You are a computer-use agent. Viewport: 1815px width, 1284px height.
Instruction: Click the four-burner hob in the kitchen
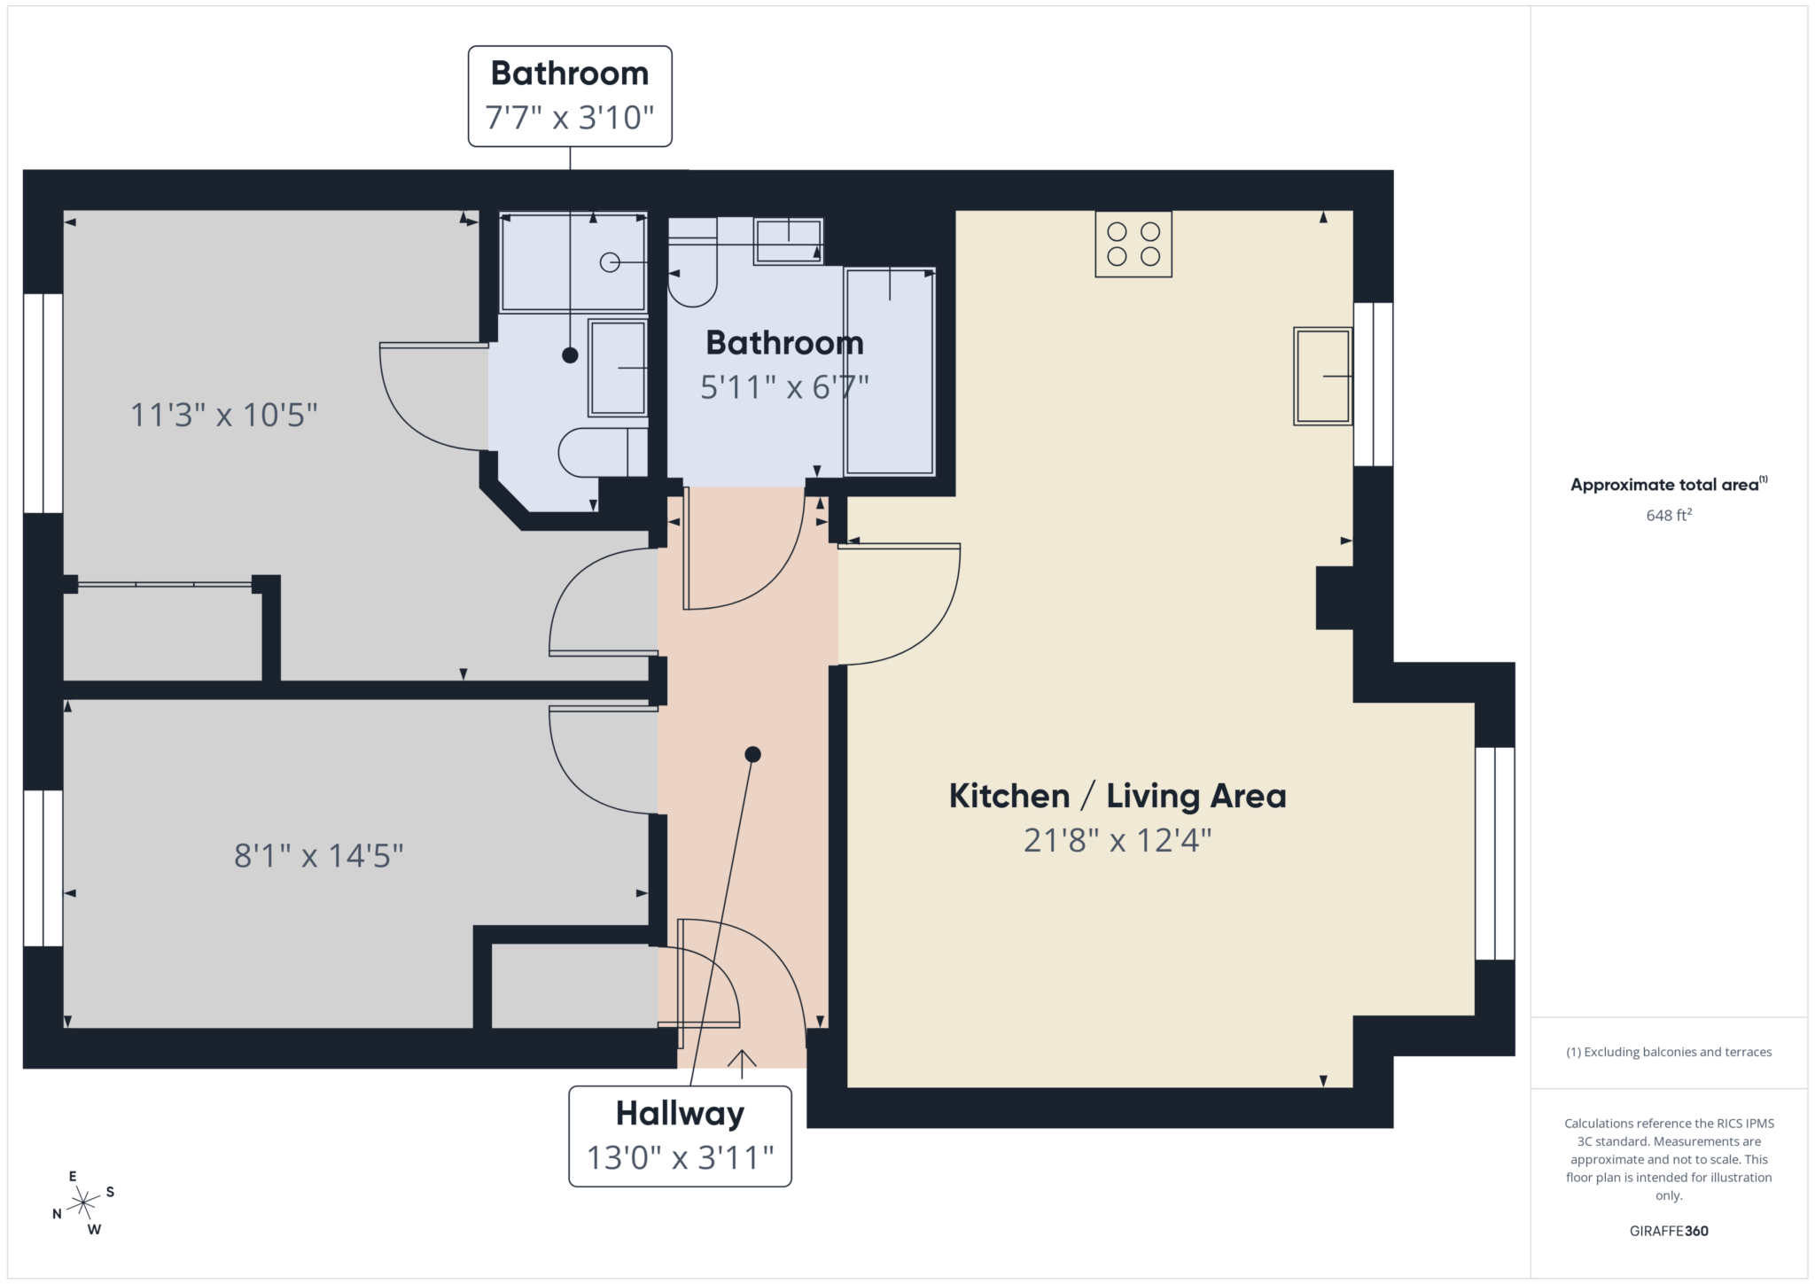click(x=1133, y=244)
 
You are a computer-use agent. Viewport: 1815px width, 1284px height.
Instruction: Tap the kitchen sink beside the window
click(x=1322, y=376)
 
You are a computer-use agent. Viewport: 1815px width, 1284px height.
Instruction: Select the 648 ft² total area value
click(x=1669, y=515)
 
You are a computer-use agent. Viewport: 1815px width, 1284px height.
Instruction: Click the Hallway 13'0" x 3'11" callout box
click(x=680, y=1136)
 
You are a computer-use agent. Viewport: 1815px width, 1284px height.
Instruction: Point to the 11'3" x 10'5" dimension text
click(x=223, y=415)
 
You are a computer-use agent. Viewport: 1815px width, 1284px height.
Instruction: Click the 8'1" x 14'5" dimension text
click(x=318, y=856)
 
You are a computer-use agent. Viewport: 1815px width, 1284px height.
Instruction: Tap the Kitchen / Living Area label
click(x=1117, y=796)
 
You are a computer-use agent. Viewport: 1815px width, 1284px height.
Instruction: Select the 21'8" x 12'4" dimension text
click(x=1117, y=840)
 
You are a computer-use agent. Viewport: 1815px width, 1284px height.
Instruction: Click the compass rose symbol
click(x=83, y=1202)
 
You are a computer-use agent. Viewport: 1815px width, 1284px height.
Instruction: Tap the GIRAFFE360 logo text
click(x=1669, y=1231)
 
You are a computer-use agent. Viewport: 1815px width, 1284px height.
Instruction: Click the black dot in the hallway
click(x=752, y=755)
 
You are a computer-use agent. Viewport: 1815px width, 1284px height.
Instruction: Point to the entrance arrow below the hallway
click(x=742, y=1062)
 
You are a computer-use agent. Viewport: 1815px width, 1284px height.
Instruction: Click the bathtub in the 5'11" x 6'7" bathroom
click(x=890, y=371)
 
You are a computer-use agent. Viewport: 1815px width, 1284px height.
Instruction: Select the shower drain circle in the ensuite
click(x=609, y=262)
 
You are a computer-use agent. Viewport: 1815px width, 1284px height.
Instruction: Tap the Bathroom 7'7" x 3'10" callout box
click(x=570, y=96)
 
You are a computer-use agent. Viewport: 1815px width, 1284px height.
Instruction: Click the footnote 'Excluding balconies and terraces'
click(x=1669, y=1052)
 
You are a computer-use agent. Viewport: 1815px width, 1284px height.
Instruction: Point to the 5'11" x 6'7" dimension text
click(x=784, y=387)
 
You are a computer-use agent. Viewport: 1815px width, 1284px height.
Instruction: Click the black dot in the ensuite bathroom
click(x=570, y=355)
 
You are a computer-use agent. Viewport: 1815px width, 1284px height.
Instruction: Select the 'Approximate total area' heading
click(x=1664, y=485)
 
